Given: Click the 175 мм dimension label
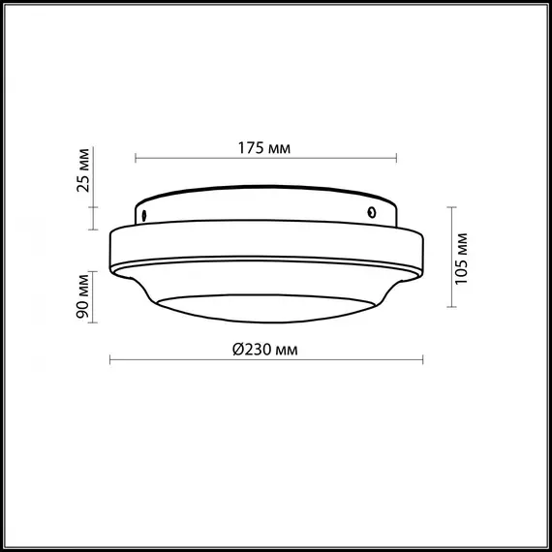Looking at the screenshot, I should coord(264,148).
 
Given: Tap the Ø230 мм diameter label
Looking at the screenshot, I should coord(264,351).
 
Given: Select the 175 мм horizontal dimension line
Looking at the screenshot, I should coord(194,158).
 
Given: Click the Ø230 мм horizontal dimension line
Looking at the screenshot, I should coord(174,361).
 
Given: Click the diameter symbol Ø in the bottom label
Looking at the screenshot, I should coord(237,351).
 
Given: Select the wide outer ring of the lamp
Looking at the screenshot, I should coord(266,246).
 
